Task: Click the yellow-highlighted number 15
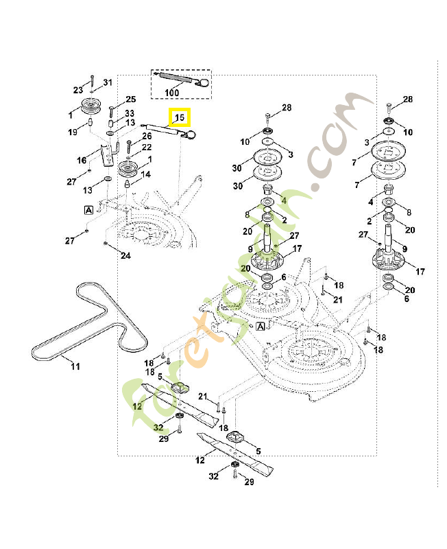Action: click(x=180, y=118)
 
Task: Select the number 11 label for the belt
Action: click(x=75, y=366)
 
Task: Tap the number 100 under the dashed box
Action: click(x=171, y=93)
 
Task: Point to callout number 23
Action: click(x=77, y=90)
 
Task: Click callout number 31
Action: click(x=107, y=83)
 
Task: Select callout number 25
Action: click(x=130, y=100)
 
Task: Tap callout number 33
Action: click(x=130, y=113)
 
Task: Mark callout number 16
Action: click(x=82, y=160)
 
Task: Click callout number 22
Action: click(x=147, y=148)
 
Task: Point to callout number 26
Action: click(x=147, y=136)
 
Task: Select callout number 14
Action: click(x=146, y=174)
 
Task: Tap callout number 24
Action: click(x=125, y=256)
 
